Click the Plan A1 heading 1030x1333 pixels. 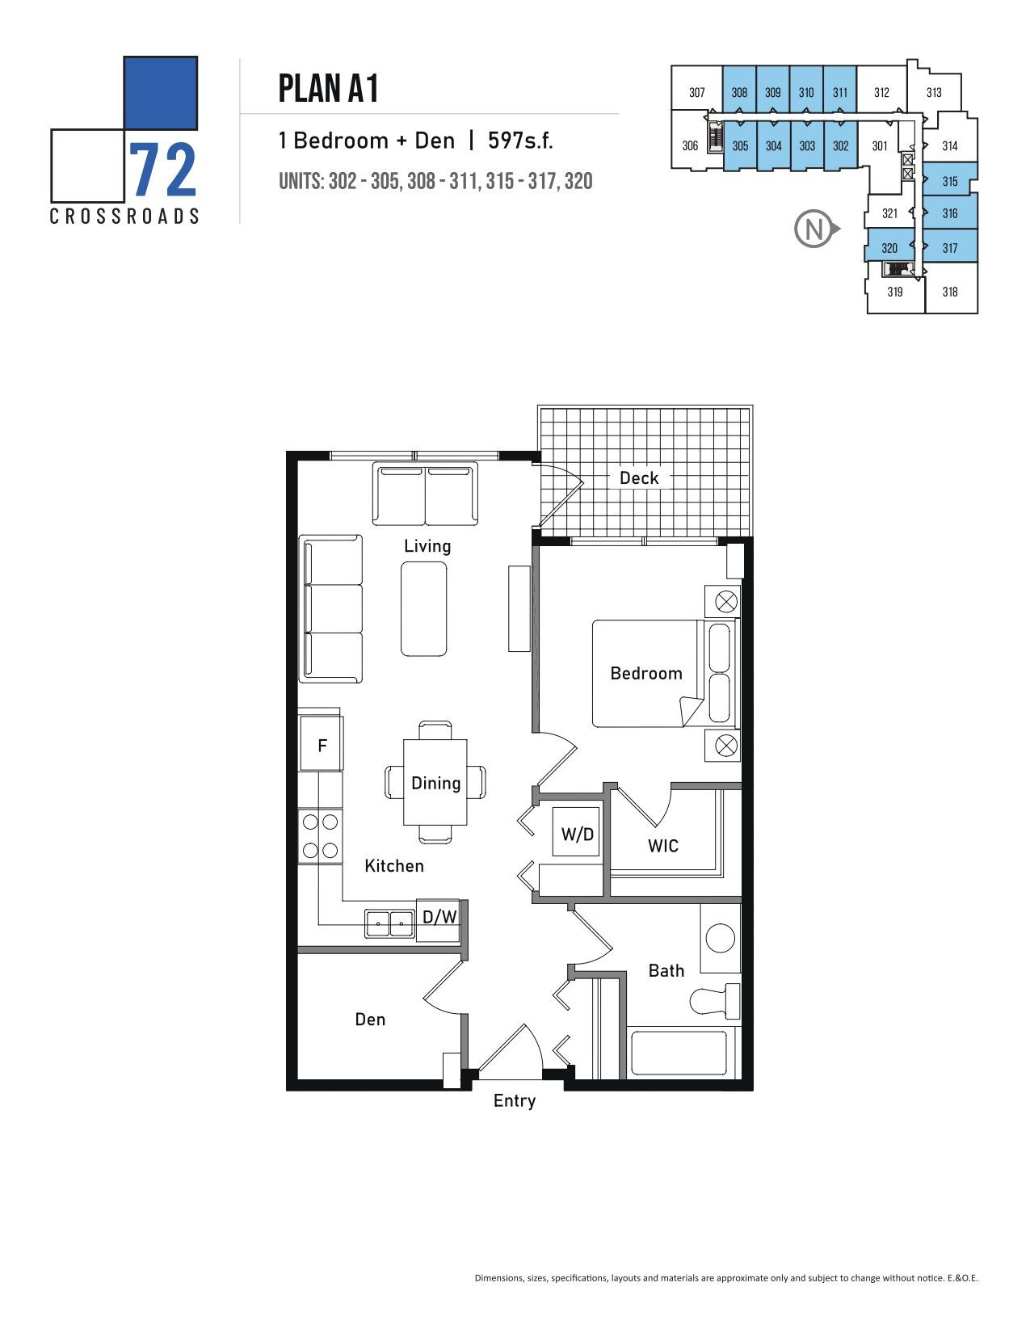(x=328, y=88)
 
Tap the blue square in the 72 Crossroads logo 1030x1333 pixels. (x=161, y=93)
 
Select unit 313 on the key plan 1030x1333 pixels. (x=934, y=93)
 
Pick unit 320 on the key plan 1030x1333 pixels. (x=889, y=248)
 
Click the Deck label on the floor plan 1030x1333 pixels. (x=639, y=478)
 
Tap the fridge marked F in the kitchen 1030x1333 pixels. (x=322, y=746)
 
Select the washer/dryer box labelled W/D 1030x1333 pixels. (x=578, y=833)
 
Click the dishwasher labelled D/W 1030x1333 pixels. (x=439, y=917)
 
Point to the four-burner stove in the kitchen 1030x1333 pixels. (x=320, y=835)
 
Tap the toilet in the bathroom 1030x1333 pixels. (x=715, y=1000)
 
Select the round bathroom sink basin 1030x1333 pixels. (x=721, y=937)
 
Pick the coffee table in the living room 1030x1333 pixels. (x=424, y=608)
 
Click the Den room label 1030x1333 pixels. (x=370, y=1020)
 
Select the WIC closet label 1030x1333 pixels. (x=662, y=846)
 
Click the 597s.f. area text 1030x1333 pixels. (x=520, y=141)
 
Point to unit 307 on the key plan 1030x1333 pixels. (x=696, y=93)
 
